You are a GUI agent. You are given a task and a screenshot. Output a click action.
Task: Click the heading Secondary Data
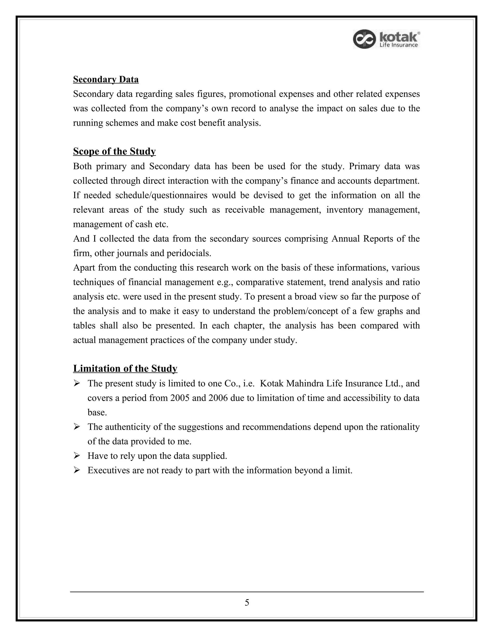pos(106,79)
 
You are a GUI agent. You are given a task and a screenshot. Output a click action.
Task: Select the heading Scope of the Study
pos(114,151)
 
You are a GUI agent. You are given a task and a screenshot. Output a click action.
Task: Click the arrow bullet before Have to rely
pos(77,455)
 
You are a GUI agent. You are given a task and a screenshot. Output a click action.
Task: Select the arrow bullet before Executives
pos(77,470)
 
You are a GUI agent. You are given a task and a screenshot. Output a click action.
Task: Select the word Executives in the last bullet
pos(108,470)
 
